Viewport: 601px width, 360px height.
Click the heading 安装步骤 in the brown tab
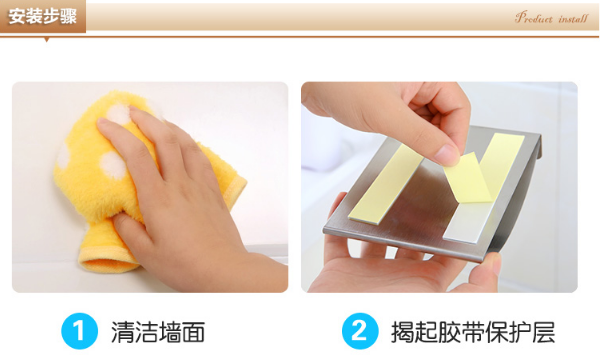pyautogui.click(x=43, y=17)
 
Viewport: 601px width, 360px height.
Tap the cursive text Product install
pyautogui.click(x=551, y=18)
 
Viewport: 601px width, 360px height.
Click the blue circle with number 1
pyautogui.click(x=79, y=331)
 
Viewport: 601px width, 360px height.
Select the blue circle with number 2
pyautogui.click(x=360, y=331)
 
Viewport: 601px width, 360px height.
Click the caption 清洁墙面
pyautogui.click(x=158, y=332)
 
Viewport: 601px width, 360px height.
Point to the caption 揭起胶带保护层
pyautogui.click(x=473, y=332)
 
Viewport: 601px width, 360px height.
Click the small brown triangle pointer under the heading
pyautogui.click(x=47, y=39)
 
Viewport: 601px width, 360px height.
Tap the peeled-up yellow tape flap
pyautogui.click(x=468, y=178)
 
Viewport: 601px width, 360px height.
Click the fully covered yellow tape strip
pyautogui.click(x=386, y=184)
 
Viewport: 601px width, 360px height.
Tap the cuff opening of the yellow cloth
pyautogui.click(x=108, y=261)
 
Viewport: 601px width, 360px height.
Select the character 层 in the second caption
pyautogui.click(x=544, y=332)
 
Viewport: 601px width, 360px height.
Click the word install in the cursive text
pyautogui.click(x=573, y=18)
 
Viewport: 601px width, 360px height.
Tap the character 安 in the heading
pyautogui.click(x=16, y=17)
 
